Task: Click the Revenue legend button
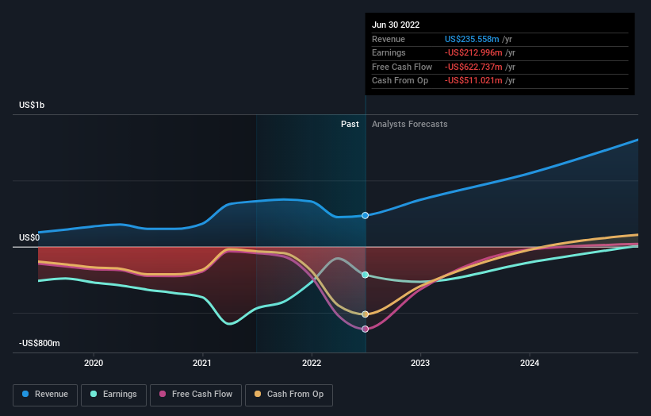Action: pos(45,394)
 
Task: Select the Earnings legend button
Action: pos(113,394)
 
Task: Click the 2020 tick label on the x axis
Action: pos(94,363)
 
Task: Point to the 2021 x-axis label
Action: pos(202,363)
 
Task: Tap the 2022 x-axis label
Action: pos(312,363)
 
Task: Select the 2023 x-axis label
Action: pos(420,363)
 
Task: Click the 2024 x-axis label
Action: pos(530,363)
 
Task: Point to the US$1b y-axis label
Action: pos(33,105)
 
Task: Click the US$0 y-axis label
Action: pos(29,237)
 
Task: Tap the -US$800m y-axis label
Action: pos(40,343)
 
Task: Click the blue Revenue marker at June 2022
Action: pos(366,215)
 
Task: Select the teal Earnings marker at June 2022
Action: pos(366,275)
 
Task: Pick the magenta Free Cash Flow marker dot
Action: pos(366,329)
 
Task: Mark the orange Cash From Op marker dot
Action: pos(366,314)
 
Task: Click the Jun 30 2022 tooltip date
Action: pos(395,24)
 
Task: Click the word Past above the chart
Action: pos(350,124)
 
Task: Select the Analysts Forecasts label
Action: pos(409,124)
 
